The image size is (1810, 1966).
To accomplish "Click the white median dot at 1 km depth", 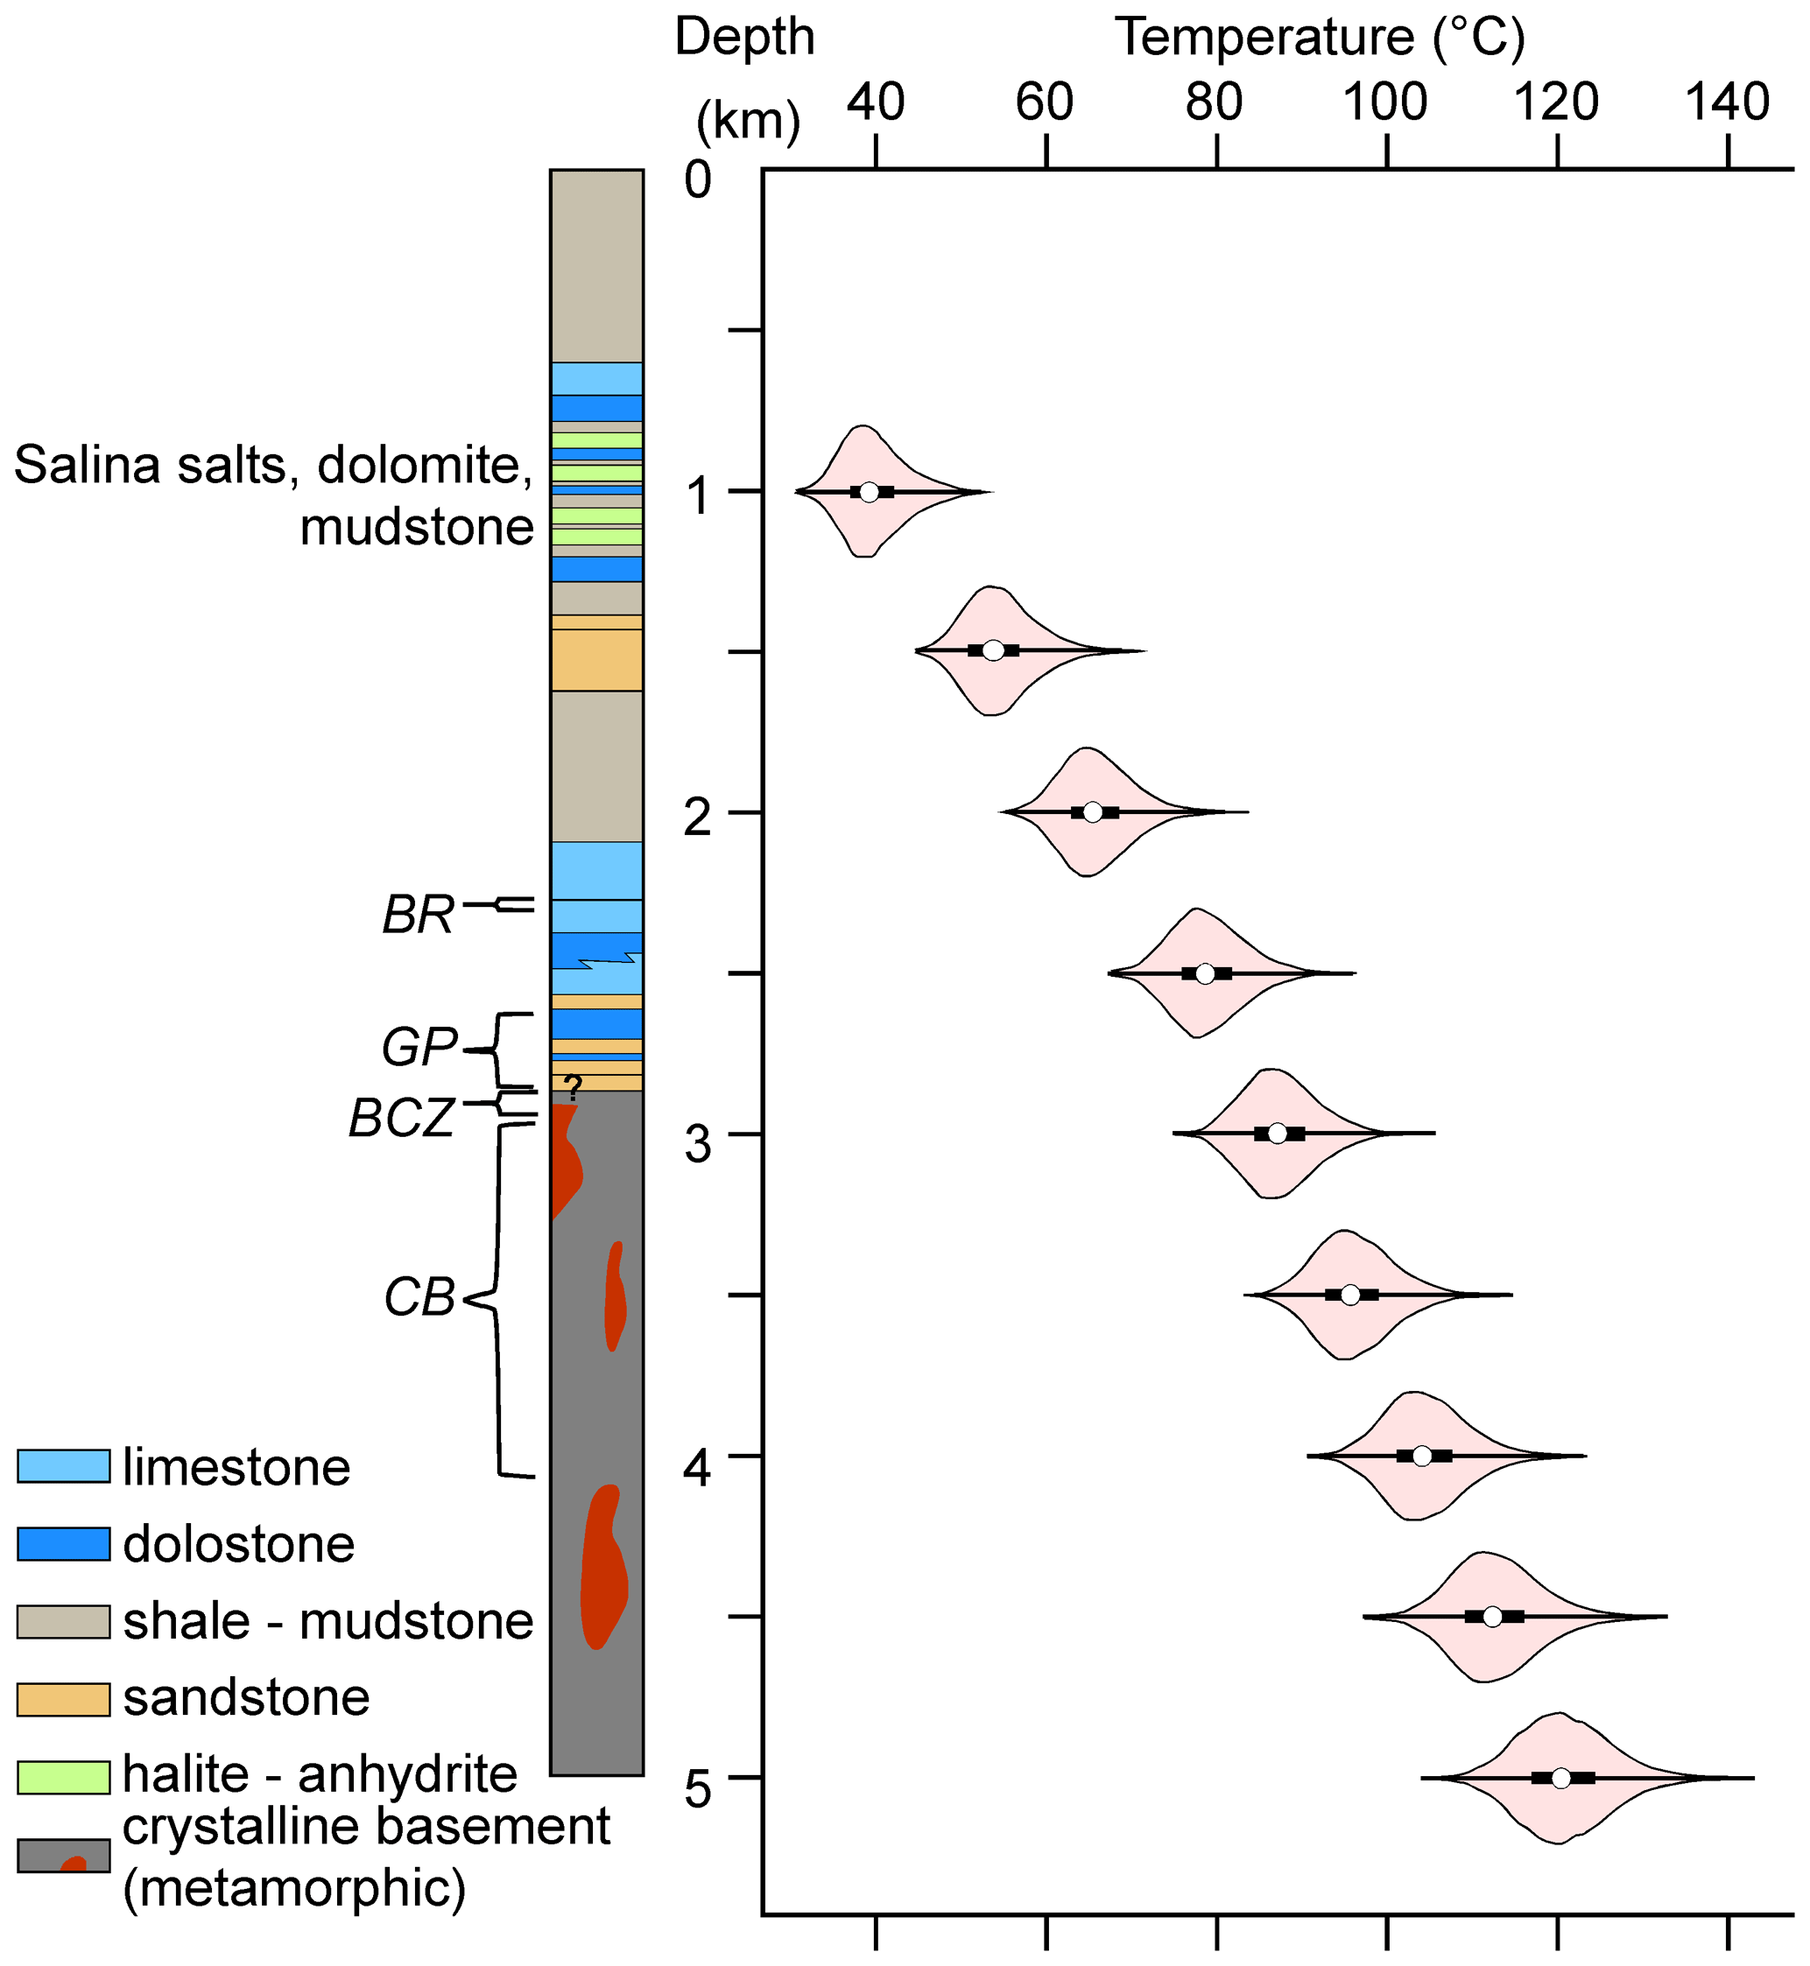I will pyautogui.click(x=869, y=492).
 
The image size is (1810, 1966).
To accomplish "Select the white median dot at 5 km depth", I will pyautogui.click(x=1561, y=1778).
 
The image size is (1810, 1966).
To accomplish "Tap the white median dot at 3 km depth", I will pyautogui.click(x=1278, y=1134).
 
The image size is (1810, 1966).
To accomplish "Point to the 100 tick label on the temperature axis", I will pyautogui.click(x=1385, y=102).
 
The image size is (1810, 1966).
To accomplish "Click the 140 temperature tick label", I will pyautogui.click(x=1727, y=102).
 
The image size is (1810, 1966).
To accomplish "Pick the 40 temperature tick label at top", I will pyautogui.click(x=876, y=102).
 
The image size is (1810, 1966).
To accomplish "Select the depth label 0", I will pyautogui.click(x=697, y=180).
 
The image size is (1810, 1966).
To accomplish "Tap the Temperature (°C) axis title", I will pyautogui.click(x=1320, y=39).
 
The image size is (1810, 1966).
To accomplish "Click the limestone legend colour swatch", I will pyautogui.click(x=64, y=1465).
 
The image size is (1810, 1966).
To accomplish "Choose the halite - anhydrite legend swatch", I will pyautogui.click(x=64, y=1777).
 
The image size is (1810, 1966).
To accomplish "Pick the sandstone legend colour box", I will pyautogui.click(x=64, y=1700).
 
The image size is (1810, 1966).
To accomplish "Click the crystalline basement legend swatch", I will pyautogui.click(x=64, y=1856).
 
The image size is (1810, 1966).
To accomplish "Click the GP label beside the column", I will pyautogui.click(x=419, y=1048).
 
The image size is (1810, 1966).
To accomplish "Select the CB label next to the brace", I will pyautogui.click(x=419, y=1298).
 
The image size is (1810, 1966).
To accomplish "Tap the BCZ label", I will pyautogui.click(x=403, y=1118).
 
